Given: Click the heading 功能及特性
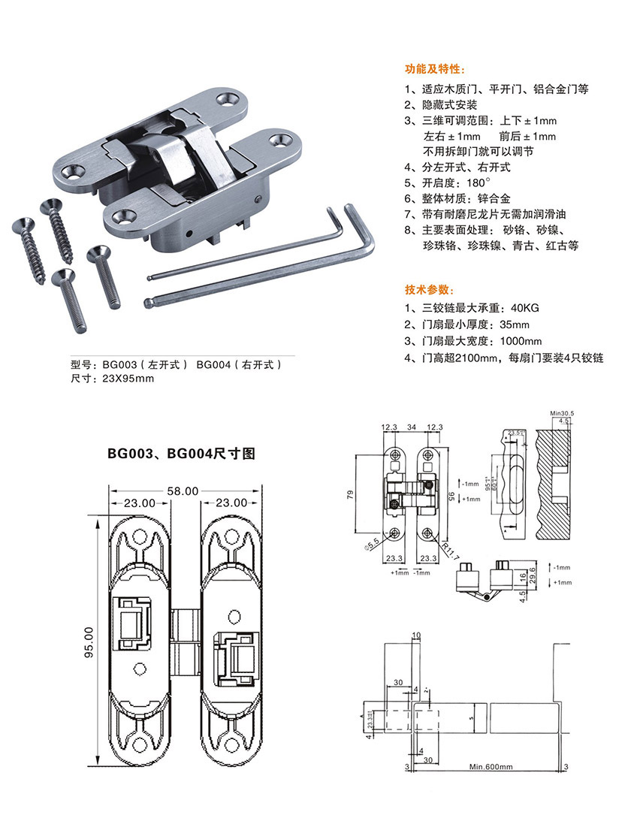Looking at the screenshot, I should click(430, 68).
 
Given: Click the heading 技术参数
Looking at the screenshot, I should click(424, 289).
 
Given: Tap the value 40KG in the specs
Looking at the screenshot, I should click(525, 307).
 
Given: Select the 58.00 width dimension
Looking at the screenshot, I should click(183, 491).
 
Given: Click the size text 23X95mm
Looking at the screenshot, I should click(128, 379).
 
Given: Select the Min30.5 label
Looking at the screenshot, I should click(561, 413).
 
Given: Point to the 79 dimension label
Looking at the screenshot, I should click(361, 494).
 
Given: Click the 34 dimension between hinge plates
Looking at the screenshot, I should click(412, 427).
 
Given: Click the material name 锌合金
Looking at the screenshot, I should click(494, 199).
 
